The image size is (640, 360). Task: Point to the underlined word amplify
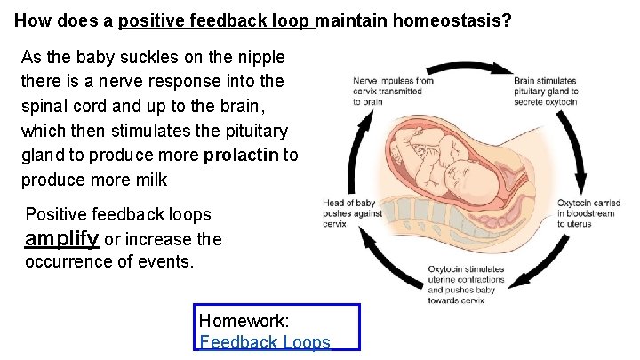click(x=62, y=238)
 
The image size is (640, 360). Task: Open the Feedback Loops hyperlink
click(x=265, y=343)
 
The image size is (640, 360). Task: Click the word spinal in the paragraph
click(x=45, y=107)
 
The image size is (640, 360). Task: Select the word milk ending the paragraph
click(x=148, y=180)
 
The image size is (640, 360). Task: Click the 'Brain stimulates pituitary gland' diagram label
click(x=545, y=91)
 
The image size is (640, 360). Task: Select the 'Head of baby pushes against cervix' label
click(x=352, y=213)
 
